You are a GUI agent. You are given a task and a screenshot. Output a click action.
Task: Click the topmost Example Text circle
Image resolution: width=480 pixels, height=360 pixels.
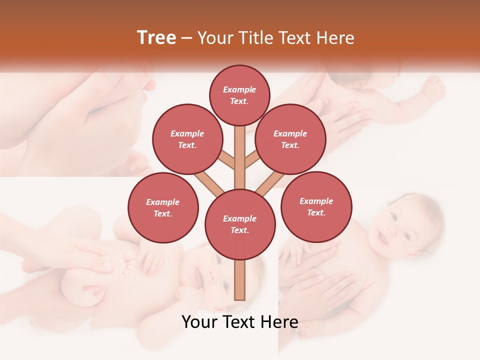[x=239, y=95]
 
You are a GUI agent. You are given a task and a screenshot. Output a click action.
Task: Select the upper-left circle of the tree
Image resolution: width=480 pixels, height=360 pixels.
[x=187, y=139]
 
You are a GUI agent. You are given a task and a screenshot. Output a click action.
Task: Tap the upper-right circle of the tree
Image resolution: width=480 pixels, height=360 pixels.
[x=290, y=139]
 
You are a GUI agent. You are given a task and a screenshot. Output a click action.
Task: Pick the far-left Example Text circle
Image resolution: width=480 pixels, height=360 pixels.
[x=163, y=207]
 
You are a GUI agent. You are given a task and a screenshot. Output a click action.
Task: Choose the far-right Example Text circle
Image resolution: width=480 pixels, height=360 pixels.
[x=316, y=206]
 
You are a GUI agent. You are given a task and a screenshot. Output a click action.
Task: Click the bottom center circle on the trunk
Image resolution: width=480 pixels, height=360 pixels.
[x=240, y=224]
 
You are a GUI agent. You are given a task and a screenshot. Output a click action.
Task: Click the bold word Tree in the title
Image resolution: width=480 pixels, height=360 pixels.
[x=156, y=37]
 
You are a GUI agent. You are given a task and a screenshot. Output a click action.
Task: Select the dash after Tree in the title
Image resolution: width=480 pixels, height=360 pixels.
[x=187, y=38]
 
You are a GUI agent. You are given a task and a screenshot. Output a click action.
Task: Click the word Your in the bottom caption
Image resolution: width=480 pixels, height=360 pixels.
[x=199, y=322]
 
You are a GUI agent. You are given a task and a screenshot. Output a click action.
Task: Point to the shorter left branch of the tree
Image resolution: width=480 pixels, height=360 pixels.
[x=227, y=160]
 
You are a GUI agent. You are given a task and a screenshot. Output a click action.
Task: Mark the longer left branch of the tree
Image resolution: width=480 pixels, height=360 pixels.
[x=210, y=184]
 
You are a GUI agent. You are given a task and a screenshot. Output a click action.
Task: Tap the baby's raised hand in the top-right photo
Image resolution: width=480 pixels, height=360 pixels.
[x=432, y=89]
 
